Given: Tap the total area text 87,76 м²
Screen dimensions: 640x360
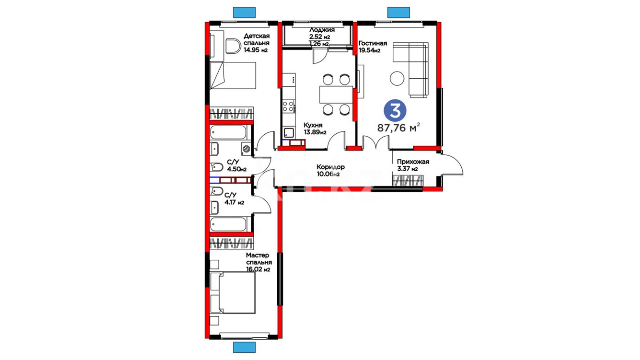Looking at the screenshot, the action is (399, 127).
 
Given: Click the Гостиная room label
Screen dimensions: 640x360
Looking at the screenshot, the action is (373, 43).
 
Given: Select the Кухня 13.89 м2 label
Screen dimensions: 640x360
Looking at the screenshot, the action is (315, 129).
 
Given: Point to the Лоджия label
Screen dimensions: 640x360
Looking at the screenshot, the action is (322, 30).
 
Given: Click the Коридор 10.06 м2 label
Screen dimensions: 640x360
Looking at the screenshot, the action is (330, 170).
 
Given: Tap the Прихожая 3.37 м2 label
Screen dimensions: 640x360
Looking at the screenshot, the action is (413, 165).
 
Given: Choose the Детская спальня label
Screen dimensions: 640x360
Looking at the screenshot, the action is (256, 39).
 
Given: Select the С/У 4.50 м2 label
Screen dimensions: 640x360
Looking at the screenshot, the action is (237, 166).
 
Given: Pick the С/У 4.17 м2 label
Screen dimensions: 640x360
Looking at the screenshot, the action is (234, 199).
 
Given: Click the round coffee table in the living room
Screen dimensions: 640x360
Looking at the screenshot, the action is (397, 79).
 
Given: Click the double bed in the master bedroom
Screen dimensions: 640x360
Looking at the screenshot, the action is (233, 292).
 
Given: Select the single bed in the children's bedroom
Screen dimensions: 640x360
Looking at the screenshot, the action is (233, 75).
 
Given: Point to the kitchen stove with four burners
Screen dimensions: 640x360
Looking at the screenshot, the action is (289, 106).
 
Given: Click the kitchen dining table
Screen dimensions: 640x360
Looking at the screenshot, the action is (336, 94).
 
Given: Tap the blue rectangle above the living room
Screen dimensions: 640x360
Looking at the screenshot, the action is (398, 12).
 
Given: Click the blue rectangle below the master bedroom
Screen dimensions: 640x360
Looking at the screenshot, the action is (244, 347).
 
